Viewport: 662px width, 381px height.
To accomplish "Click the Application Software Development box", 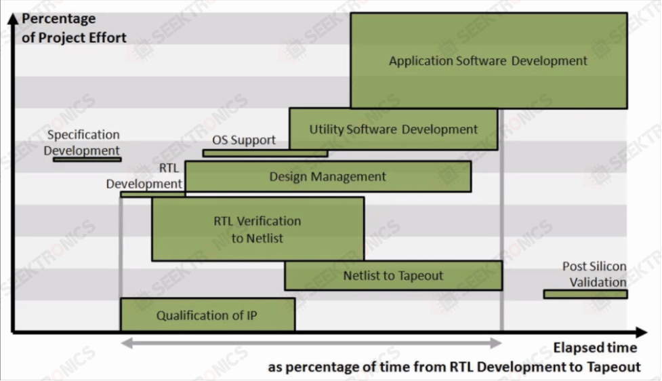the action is click(x=489, y=60).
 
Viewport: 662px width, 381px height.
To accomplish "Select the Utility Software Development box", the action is click(x=394, y=129).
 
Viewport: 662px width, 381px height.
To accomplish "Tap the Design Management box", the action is click(x=328, y=176).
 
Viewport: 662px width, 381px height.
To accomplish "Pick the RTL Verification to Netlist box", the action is click(x=258, y=229).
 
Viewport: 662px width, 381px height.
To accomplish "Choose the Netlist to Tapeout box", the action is click(x=394, y=275).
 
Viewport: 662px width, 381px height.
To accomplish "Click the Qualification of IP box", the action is click(x=208, y=315).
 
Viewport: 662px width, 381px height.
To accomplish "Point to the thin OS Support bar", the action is click(x=265, y=153).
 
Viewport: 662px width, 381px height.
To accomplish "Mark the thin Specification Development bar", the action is click(x=87, y=159).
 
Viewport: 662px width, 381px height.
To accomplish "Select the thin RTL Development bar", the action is click(x=153, y=195).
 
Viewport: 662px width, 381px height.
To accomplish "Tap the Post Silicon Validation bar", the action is click(x=585, y=294).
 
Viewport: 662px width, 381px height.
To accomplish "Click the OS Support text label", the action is click(x=244, y=140).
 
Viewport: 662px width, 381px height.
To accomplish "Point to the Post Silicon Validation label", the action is click(x=594, y=274).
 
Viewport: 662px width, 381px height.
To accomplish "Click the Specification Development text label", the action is click(x=82, y=142).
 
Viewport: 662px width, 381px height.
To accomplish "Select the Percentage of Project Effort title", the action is click(x=74, y=28).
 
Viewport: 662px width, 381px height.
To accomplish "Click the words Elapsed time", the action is click(x=596, y=348).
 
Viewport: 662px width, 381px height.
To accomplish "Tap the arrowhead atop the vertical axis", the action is click(x=14, y=18).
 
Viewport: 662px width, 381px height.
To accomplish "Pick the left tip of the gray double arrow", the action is click(x=121, y=343).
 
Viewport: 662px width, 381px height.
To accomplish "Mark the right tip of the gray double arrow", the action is click(x=501, y=343).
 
